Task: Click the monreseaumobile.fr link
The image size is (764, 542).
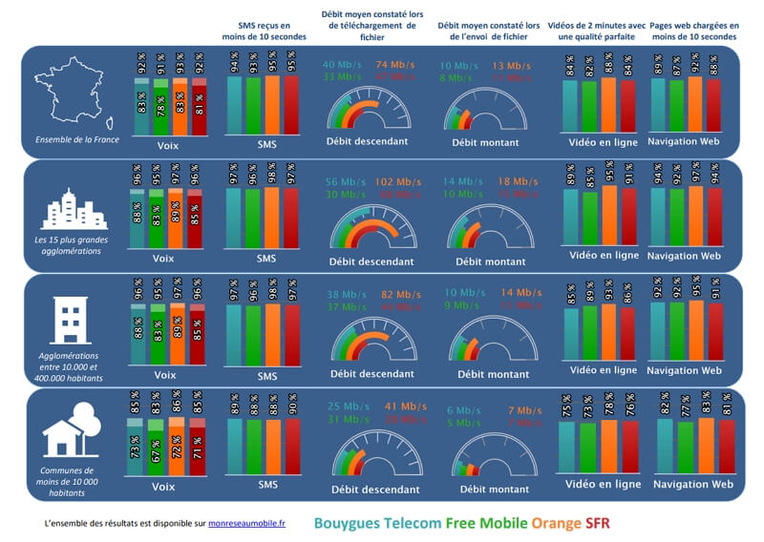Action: click(247, 524)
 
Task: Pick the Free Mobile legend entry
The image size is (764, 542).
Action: click(490, 523)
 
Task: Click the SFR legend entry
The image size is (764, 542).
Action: click(597, 523)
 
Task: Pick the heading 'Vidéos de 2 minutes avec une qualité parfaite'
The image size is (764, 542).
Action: click(598, 31)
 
